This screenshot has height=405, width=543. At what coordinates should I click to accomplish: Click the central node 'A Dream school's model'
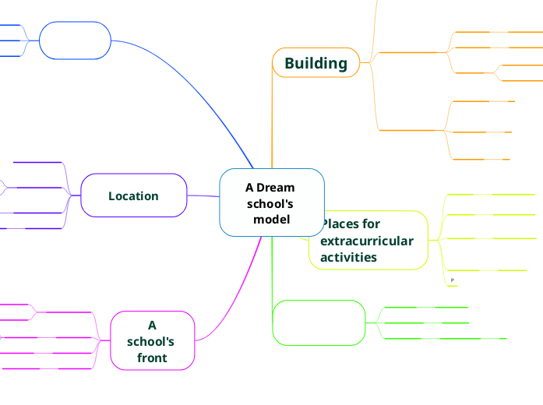click(271, 202)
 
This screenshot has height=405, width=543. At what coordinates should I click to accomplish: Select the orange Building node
click(316, 63)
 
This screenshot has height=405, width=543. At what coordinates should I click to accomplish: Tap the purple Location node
click(133, 195)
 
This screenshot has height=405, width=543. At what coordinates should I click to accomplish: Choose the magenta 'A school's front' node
click(152, 341)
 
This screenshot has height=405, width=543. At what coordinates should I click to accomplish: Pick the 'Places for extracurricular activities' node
click(368, 240)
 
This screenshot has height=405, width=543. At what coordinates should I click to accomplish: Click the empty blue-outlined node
click(75, 40)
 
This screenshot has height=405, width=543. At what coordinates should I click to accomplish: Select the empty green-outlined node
click(319, 322)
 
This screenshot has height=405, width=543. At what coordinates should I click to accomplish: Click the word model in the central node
click(271, 219)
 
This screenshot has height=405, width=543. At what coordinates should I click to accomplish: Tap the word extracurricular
click(366, 241)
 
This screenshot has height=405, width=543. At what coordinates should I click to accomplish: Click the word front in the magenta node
click(152, 357)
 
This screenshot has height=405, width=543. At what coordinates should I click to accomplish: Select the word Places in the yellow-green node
click(340, 224)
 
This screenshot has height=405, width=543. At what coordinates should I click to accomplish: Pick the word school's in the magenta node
click(150, 341)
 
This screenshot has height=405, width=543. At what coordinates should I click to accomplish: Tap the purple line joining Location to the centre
click(203, 195)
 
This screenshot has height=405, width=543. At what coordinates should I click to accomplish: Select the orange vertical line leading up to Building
click(272, 117)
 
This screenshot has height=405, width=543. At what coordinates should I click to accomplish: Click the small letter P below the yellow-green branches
click(453, 280)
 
